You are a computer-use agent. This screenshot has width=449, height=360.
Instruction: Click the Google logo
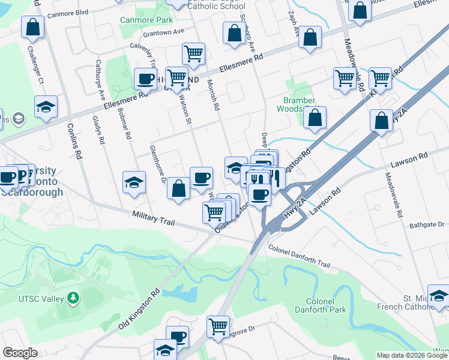click(20, 353)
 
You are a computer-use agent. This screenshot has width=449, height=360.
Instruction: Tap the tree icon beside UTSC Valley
click(73, 298)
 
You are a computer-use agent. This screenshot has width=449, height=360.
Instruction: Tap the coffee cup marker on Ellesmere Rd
click(145, 79)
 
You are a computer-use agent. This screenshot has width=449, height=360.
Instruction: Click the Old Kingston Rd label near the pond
click(139, 310)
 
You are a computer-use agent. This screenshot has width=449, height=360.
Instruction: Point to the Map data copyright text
click(411, 355)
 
